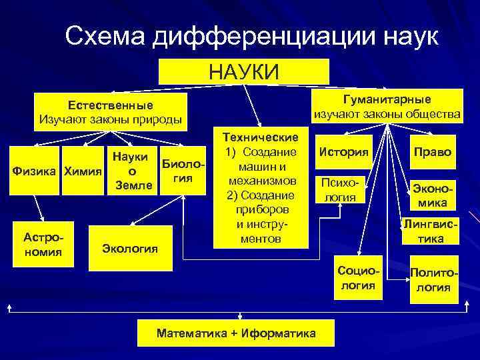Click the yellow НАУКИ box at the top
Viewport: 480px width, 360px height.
point(244,72)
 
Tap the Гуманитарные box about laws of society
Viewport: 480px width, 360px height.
point(387,107)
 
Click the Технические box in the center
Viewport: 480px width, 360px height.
point(261,188)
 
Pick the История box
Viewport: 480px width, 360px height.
point(343,152)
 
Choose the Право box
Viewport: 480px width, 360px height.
point(432,152)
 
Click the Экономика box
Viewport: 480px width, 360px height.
point(433,195)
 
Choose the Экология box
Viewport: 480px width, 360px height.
point(130,249)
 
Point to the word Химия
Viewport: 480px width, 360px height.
point(83,171)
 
